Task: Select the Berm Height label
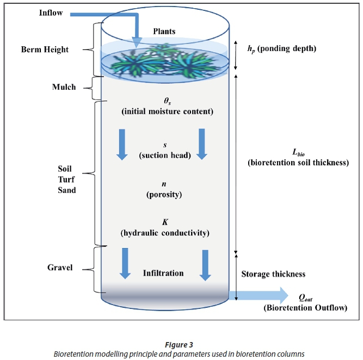tap(45, 49)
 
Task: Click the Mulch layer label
tap(64, 87)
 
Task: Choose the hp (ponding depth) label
tap(281, 48)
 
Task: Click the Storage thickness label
tap(273, 274)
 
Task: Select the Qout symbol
tap(305, 299)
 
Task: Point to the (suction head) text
tap(164, 156)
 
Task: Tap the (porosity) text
tap(164, 194)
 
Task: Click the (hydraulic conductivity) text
tap(164, 233)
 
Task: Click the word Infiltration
tap(163, 272)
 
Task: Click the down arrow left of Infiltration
tap(125, 264)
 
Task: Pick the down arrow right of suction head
tap(202, 144)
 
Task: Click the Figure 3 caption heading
tap(179, 344)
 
